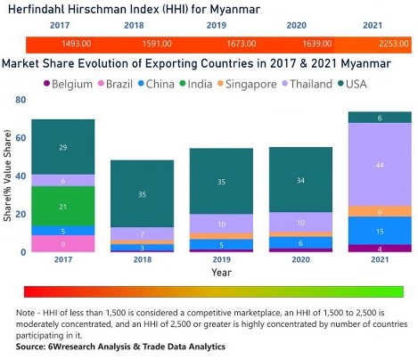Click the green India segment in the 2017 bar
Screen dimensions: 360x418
(62, 207)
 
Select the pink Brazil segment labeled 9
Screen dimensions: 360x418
(62, 243)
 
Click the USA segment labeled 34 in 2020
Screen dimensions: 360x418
(297, 183)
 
